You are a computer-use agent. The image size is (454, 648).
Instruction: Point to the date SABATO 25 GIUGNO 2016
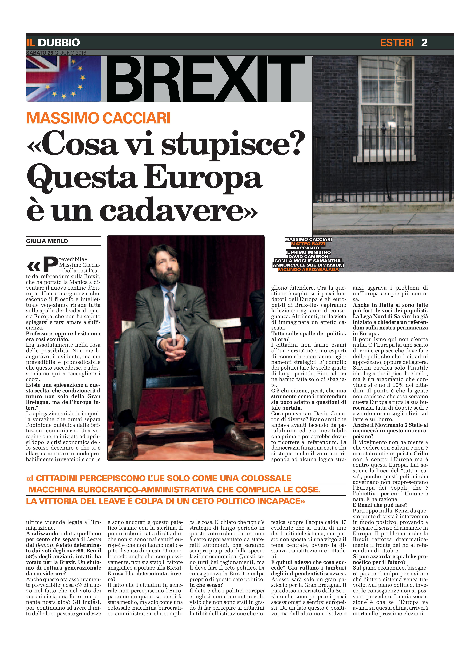click(x=56, y=53)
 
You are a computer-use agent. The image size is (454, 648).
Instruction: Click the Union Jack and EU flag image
click(x=64, y=78)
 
